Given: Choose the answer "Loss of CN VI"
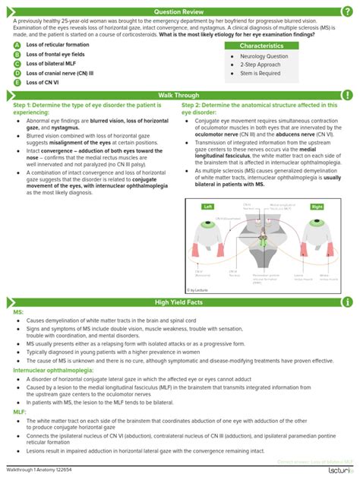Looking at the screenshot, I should pyautogui.click(x=44, y=82).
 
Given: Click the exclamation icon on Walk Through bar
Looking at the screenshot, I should pyautogui.click(x=348, y=95).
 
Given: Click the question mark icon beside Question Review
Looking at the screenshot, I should pyautogui.click(x=348, y=12).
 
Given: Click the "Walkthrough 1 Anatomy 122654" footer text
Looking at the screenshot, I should pyautogui.click(x=43, y=472).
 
